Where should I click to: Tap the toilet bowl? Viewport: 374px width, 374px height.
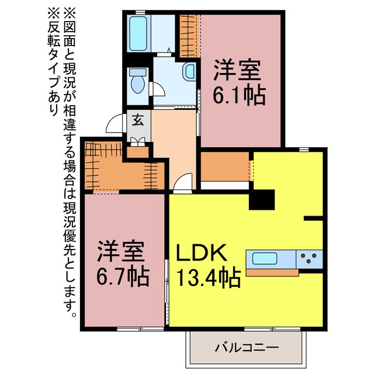tap(137, 82)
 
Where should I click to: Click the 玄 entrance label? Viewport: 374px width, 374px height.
tap(138, 120)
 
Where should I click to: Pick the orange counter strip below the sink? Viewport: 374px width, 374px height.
tap(272, 272)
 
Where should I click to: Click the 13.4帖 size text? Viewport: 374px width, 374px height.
tap(208, 278)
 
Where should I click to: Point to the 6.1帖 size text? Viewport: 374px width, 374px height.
tap(239, 94)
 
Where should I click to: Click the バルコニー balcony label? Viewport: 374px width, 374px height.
tap(246, 348)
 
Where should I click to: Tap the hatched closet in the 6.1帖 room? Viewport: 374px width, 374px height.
tap(188, 34)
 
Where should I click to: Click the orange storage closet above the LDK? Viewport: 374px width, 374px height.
tap(224, 168)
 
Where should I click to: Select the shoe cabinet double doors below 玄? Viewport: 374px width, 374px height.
tap(138, 140)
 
